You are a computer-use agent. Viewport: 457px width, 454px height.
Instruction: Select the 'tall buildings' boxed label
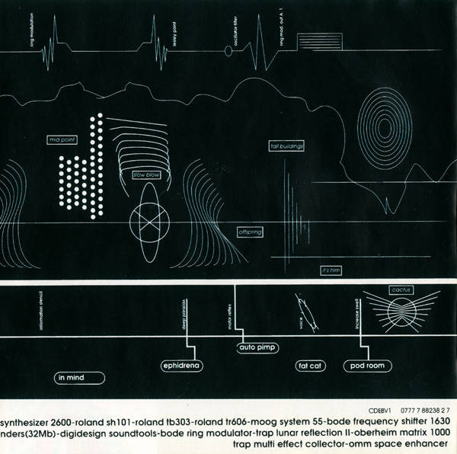coord(287,145)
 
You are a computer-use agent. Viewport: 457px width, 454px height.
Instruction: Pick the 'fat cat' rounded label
coord(311,366)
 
